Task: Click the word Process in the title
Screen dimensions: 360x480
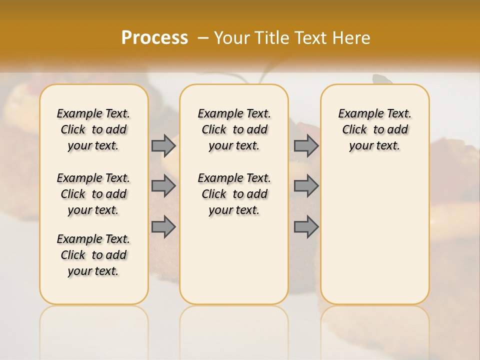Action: click(154, 38)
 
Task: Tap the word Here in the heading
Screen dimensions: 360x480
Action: click(352, 38)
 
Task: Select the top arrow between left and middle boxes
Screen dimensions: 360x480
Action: click(163, 145)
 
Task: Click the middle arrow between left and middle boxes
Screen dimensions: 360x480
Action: click(163, 186)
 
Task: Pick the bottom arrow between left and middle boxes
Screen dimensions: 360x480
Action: click(163, 227)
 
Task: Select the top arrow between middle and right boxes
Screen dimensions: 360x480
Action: click(306, 145)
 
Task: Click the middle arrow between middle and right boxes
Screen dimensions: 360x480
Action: click(306, 186)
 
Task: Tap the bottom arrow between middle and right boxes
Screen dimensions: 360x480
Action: click(306, 227)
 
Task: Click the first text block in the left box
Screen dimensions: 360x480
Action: click(93, 129)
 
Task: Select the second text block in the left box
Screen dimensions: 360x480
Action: click(93, 194)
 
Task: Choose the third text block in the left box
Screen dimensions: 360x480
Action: click(93, 255)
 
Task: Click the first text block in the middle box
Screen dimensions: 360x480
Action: click(234, 129)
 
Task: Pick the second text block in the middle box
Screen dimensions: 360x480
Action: click(234, 194)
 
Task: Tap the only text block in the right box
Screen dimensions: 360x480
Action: click(374, 129)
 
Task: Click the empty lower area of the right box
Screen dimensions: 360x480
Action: click(374, 235)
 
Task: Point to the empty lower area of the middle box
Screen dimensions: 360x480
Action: click(234, 260)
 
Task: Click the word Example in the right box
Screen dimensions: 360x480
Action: click(358, 114)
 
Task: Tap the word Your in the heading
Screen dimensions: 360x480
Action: click(231, 38)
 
